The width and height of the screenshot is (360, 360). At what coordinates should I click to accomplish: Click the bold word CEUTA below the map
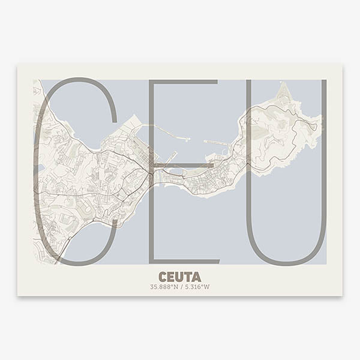[x=180, y=276]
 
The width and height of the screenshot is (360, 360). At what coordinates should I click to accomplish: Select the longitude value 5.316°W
[x=197, y=287]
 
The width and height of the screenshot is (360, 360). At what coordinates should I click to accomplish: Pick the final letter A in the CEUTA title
[x=196, y=276]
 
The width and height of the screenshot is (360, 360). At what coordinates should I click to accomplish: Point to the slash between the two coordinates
[x=180, y=287]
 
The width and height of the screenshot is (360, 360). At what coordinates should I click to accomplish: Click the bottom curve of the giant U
[x=286, y=262]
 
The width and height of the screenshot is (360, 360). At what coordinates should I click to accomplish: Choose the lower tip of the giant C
[x=113, y=228]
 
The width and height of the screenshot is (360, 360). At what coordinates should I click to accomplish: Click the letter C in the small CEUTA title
[x=163, y=276]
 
